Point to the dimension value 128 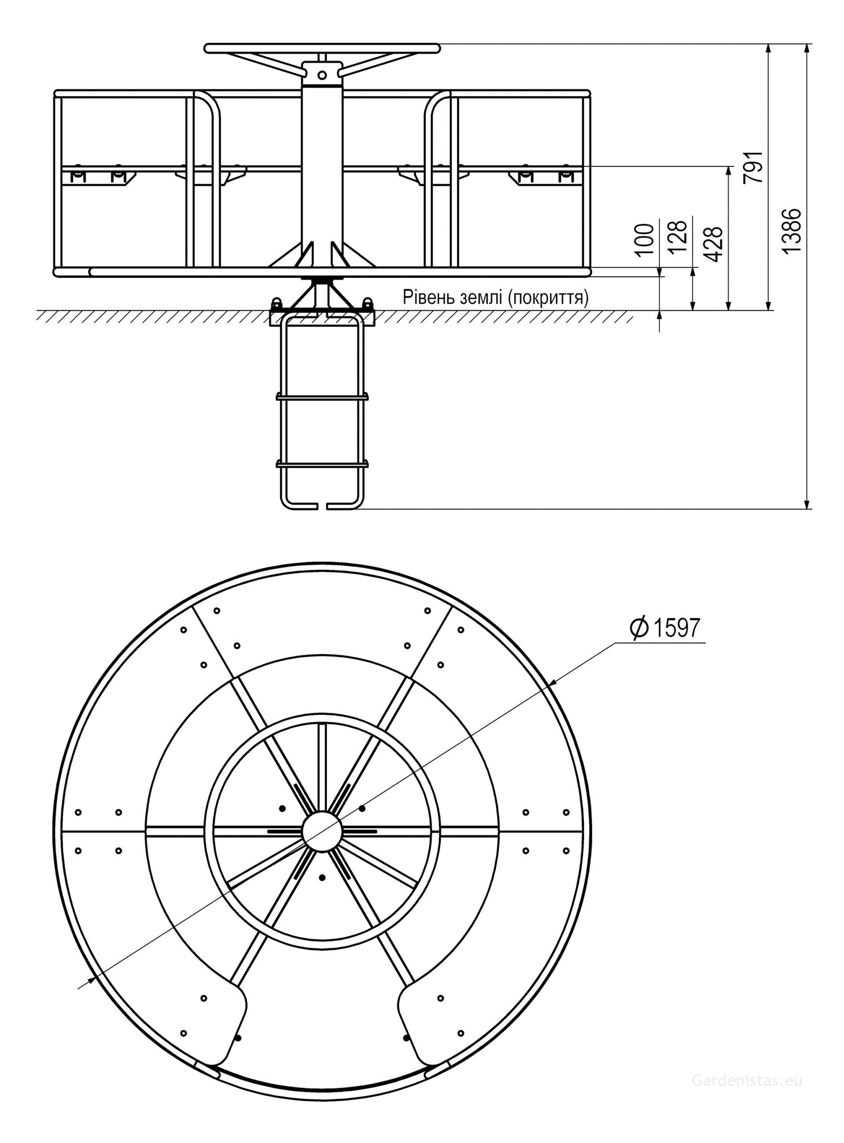click(x=677, y=237)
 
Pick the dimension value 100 click(x=646, y=238)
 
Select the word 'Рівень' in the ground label click(x=427, y=297)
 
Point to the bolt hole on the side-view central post click(x=322, y=75)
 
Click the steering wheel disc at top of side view click(x=322, y=48)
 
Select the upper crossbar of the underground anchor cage click(x=322, y=396)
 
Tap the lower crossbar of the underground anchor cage click(x=322, y=464)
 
